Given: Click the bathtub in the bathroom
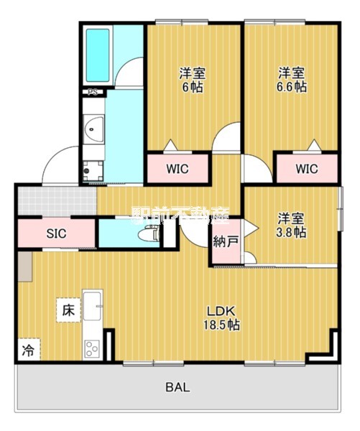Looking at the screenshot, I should coord(96,55).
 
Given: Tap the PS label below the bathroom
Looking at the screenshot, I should coord(92,93).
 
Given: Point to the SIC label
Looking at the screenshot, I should coord(57,233).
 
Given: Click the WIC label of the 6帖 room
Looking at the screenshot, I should coord(177,170).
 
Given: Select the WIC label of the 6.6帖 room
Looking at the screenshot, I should coord(305,170).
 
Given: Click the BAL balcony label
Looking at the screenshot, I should coord(177,387).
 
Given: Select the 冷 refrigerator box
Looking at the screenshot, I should coord(27,352).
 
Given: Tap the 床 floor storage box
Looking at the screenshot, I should coord(68,311).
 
